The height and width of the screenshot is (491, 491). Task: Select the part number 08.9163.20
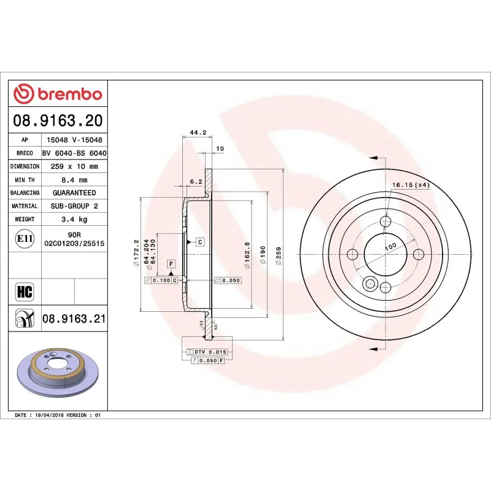[x=58, y=120]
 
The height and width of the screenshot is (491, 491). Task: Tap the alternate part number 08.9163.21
[x=74, y=319]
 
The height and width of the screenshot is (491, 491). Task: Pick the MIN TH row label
[x=25, y=180]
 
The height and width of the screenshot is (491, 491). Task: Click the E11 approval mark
[x=25, y=238]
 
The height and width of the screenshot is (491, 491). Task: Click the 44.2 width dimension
[x=197, y=132]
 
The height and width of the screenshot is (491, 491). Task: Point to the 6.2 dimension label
[x=196, y=182]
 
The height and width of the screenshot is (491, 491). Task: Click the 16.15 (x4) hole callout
[x=411, y=185]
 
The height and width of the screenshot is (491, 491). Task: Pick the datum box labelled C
[x=200, y=242]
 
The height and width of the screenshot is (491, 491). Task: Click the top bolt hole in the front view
[x=385, y=222]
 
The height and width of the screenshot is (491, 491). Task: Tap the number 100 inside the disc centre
[x=390, y=247]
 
